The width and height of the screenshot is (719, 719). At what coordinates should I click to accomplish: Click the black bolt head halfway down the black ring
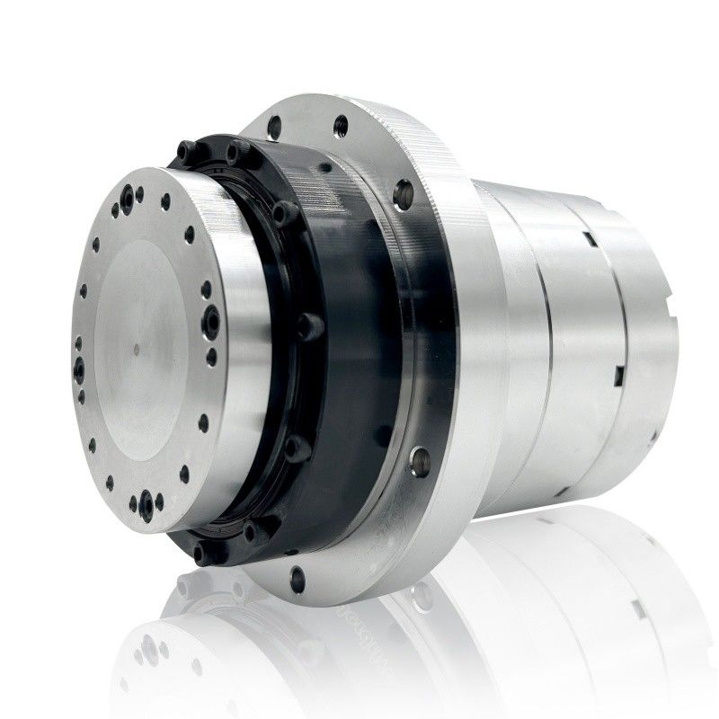pos(311,321)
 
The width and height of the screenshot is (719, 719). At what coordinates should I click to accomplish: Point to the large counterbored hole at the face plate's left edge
pos(78,363)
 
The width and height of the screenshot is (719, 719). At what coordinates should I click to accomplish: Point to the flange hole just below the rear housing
pos(417,463)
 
